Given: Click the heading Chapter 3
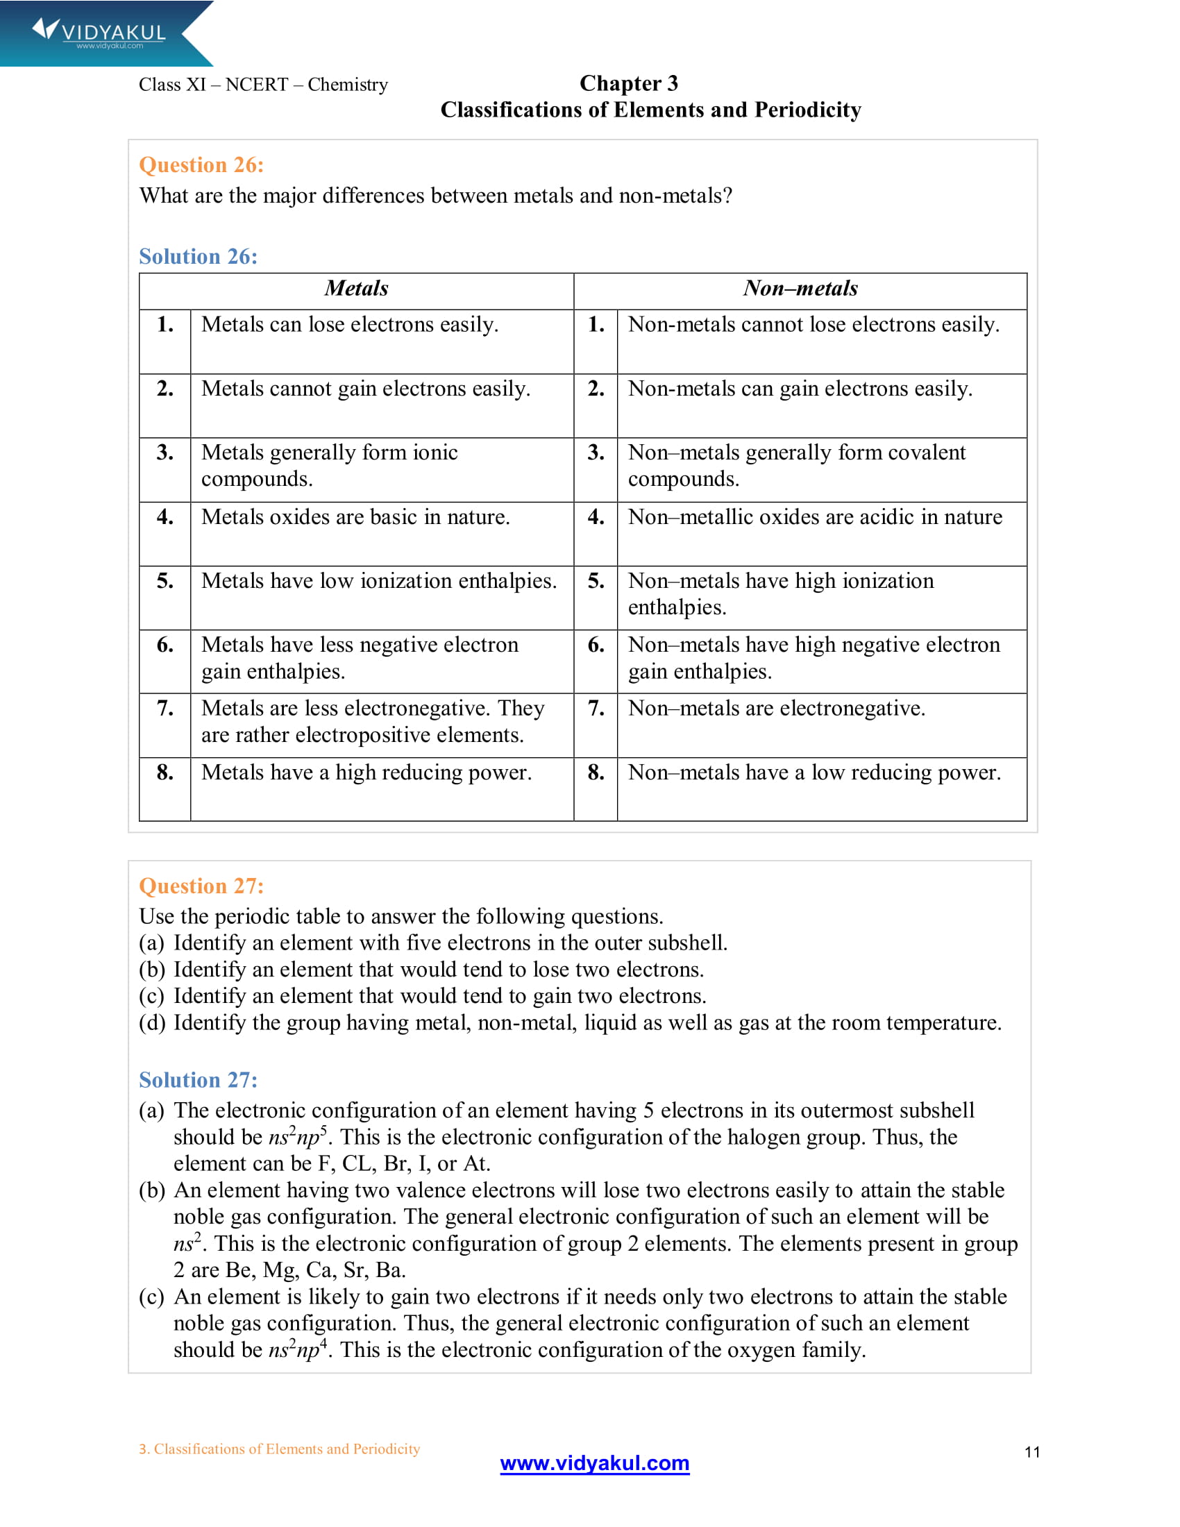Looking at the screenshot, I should point(628,83).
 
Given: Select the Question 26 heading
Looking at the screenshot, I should point(201,165).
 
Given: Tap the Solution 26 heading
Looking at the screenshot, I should point(198,257).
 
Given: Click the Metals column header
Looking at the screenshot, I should point(356,288).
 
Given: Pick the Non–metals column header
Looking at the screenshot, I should point(800,288).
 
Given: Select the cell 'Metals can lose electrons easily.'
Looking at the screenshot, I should point(350,324).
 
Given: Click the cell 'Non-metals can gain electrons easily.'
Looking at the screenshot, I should point(800,389).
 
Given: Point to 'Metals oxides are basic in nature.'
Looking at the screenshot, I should point(355,516).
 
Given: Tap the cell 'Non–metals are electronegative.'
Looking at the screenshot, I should point(776,708).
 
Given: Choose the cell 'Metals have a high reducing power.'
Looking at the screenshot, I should point(366,772).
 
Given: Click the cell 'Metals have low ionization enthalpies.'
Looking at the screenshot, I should point(379,581).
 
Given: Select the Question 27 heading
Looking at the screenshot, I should point(201,886).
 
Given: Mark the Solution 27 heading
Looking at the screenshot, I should point(198,1080).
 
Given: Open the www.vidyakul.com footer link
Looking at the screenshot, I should point(594,1462).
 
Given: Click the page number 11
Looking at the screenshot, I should point(1031,1452).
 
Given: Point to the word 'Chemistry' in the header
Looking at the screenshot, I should point(348,85).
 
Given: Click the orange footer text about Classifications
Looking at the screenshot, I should point(279,1449).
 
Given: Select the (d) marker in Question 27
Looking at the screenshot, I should point(152,1023).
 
